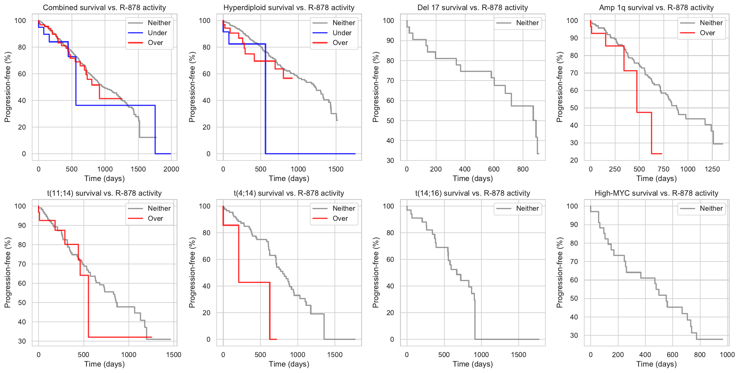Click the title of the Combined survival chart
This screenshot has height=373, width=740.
(104, 8)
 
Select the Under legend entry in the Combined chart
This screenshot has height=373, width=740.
(157, 33)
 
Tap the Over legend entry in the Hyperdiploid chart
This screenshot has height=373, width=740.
(340, 43)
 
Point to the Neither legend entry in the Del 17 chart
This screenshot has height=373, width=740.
(527, 23)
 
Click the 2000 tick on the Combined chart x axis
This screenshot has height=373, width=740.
(171, 169)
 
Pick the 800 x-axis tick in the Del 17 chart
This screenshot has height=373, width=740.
(523, 169)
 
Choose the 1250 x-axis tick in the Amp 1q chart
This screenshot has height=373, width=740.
(712, 169)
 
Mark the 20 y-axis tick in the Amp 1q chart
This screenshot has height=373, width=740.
(574, 160)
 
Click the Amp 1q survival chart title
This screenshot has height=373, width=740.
(656, 8)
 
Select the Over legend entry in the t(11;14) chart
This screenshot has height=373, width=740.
(155, 218)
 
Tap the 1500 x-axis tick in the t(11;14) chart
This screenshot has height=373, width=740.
(174, 355)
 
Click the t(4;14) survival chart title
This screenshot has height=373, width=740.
(289, 193)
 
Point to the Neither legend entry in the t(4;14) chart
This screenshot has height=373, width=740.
(344, 209)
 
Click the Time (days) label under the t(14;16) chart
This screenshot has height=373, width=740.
(473, 364)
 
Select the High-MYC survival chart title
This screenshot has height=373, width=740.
(656, 193)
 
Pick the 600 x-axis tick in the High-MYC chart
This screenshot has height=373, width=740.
(672, 355)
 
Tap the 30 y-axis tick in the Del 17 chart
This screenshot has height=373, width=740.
(390, 160)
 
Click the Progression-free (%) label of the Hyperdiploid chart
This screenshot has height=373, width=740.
(192, 87)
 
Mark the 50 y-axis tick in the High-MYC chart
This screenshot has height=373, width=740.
(574, 299)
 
